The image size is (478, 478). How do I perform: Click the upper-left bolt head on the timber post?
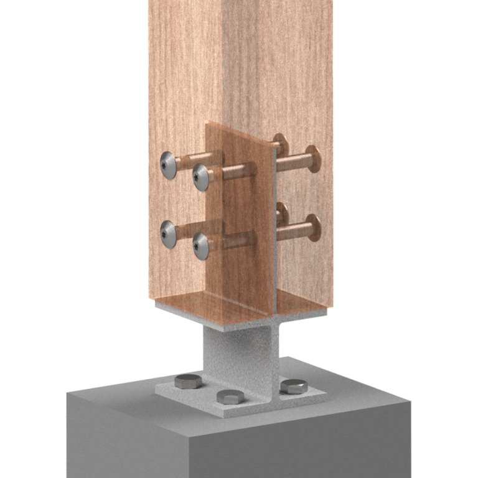pyautogui.click(x=168, y=166)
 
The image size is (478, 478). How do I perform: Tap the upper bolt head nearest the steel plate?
pyautogui.click(x=201, y=177)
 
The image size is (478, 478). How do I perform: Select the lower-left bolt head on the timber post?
pyautogui.click(x=168, y=234)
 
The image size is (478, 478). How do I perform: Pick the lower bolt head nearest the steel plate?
pyautogui.click(x=201, y=245)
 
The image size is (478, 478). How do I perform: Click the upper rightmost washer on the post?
pyautogui.click(x=314, y=159)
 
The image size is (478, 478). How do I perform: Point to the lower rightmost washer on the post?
pyautogui.click(x=314, y=228)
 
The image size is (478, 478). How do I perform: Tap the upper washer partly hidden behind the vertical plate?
pyautogui.click(x=281, y=145)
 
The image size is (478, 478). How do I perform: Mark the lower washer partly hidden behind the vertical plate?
pyautogui.click(x=281, y=213)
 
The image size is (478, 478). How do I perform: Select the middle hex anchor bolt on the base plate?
pyautogui.click(x=228, y=396)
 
